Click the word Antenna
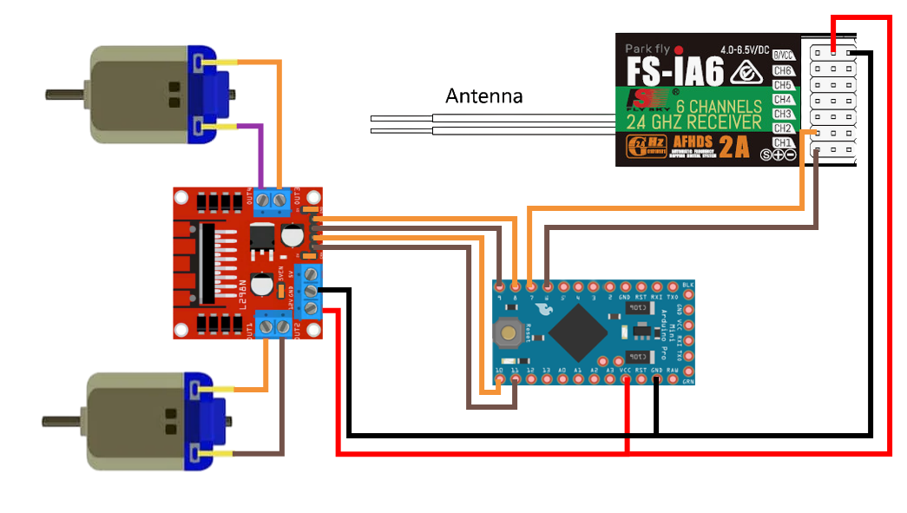484,95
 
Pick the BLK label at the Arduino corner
688,285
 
